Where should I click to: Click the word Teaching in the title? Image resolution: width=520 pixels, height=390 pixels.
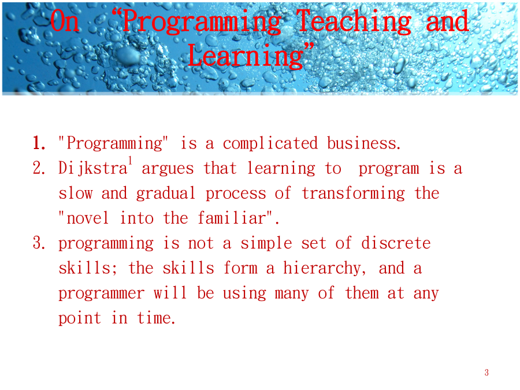click(354, 22)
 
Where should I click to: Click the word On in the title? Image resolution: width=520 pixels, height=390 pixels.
click(65, 21)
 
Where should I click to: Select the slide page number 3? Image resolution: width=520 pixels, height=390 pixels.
click(486, 373)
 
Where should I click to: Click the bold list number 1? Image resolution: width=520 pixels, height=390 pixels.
click(39, 143)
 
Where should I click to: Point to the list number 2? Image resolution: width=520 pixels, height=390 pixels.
click(39, 168)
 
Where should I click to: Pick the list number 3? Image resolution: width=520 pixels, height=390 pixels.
click(39, 243)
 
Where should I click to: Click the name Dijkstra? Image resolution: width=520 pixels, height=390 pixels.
click(93, 169)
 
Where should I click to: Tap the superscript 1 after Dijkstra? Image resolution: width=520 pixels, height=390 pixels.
click(131, 161)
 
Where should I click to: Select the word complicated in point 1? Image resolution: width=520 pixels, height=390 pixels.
click(270, 144)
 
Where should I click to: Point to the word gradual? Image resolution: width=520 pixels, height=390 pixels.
click(165, 194)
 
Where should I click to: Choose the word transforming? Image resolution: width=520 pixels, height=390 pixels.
click(354, 194)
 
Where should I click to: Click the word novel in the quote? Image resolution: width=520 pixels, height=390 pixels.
click(88, 218)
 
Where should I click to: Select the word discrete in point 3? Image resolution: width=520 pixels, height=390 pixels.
click(396, 243)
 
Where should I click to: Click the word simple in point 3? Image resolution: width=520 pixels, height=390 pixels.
click(266, 244)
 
